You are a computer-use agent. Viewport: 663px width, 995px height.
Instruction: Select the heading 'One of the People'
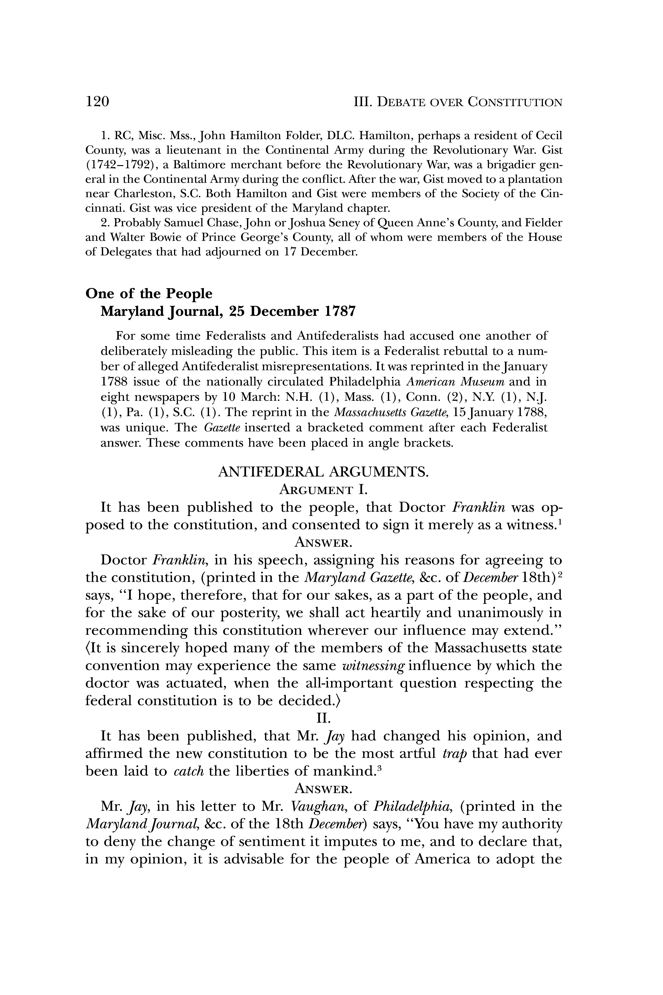149,294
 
